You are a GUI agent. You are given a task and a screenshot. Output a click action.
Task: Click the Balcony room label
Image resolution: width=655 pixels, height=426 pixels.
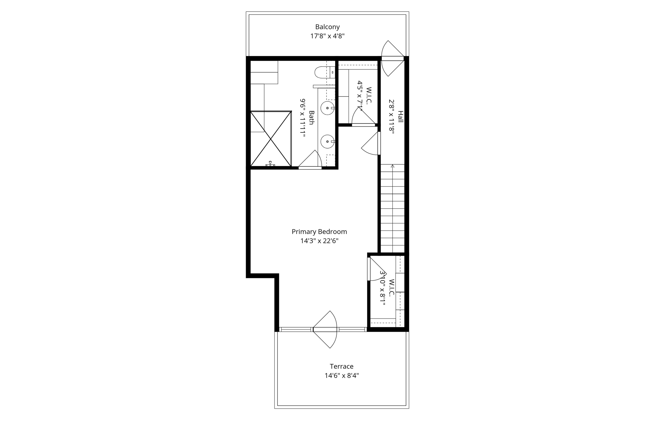tap(327, 27)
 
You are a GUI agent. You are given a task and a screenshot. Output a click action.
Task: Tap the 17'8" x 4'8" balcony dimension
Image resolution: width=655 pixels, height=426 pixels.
tap(327, 36)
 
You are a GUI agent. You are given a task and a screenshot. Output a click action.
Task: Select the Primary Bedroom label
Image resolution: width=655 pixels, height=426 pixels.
tap(319, 232)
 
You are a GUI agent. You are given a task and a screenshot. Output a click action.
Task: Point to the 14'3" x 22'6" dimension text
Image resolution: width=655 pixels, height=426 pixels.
tap(319, 241)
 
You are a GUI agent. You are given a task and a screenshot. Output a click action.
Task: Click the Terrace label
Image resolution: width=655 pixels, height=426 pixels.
tap(342, 366)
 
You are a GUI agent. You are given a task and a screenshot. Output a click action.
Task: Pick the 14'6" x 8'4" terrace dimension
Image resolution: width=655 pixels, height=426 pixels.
tap(342, 375)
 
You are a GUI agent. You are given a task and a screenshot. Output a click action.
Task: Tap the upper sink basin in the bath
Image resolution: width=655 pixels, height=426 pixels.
tap(327, 108)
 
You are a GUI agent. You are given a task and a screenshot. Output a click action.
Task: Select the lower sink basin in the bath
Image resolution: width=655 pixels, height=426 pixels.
tap(327, 141)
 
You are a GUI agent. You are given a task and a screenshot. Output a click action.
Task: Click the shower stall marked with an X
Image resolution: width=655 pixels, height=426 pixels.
tap(271, 139)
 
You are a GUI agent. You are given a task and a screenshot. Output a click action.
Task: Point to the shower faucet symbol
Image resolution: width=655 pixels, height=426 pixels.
tap(270, 164)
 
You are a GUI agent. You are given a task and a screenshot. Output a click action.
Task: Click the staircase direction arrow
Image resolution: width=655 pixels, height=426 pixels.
tap(392, 166)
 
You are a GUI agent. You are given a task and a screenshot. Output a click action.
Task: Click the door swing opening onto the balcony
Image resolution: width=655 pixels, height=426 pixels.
tap(392, 58)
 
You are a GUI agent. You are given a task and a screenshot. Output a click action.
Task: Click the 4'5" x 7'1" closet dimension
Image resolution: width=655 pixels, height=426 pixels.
tap(360, 96)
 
